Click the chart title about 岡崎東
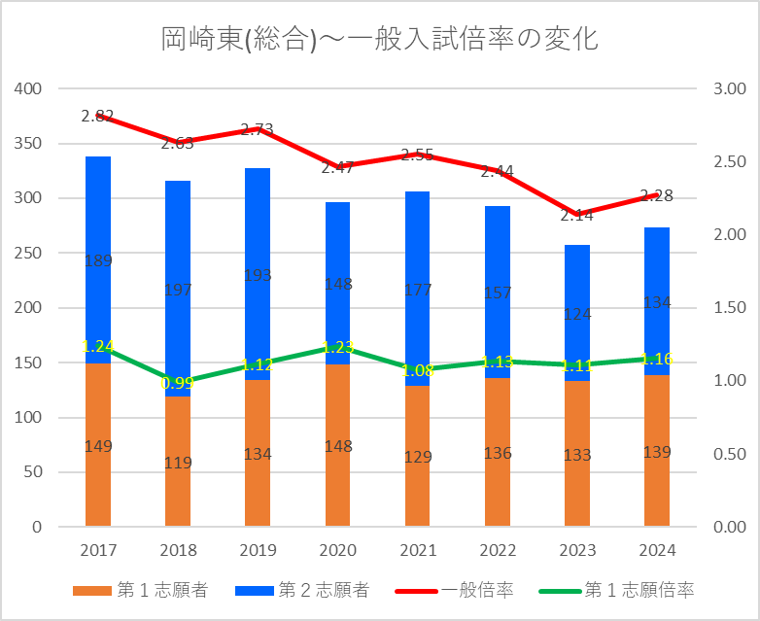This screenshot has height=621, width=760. click(x=379, y=39)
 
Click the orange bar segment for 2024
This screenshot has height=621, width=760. click(x=657, y=486)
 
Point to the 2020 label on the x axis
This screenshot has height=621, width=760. click(x=337, y=550)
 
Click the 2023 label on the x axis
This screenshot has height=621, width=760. click(x=576, y=550)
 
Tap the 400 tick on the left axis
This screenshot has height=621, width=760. click(x=29, y=89)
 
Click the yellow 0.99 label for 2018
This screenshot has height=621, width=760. click(x=177, y=384)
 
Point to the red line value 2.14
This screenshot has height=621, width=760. click(x=577, y=216)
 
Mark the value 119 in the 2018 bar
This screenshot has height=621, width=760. click(x=178, y=463)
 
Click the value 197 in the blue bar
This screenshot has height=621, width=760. click(x=178, y=289)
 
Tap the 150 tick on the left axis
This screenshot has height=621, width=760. click(x=29, y=363)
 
